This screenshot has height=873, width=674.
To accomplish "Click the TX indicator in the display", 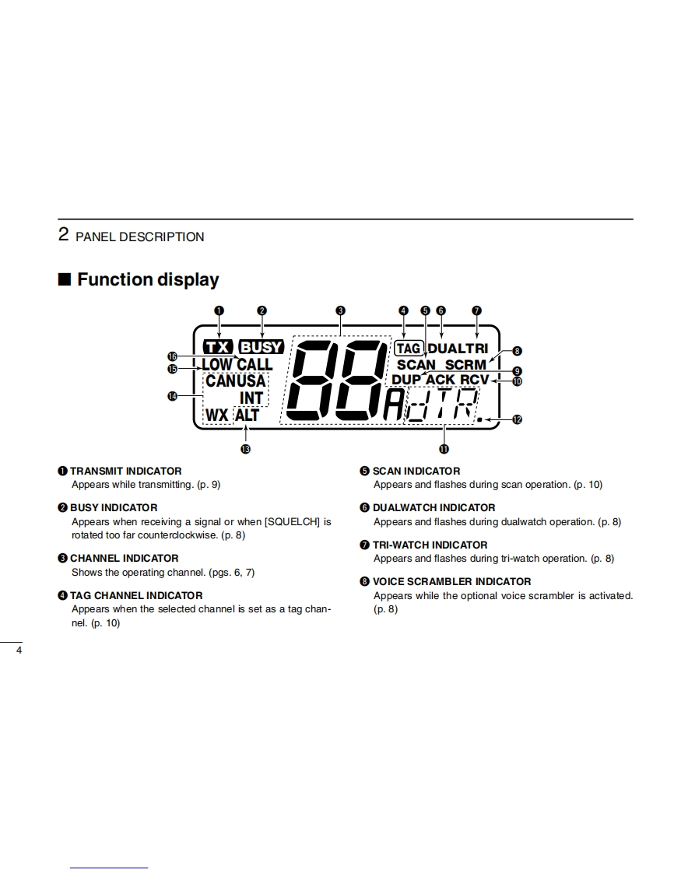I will coord(217,347).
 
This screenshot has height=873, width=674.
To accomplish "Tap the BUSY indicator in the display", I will coord(261,347).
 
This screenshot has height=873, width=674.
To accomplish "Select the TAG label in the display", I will coord(409,348).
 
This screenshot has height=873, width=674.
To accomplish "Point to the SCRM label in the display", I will coord(465,364).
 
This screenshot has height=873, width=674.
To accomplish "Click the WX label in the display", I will coord(217,415).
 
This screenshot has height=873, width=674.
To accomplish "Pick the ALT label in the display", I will coord(247,415).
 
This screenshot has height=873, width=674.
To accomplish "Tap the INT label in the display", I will coord(251,398).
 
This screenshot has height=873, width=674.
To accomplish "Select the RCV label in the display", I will coord(474,380).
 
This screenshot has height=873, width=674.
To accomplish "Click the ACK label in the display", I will coord(441,380).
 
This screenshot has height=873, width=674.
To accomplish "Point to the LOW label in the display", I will coord(217,364).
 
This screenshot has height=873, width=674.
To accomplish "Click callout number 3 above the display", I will coord(340,310).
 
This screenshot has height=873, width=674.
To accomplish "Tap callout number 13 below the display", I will coord(246,449).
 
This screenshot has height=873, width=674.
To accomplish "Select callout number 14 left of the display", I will coord(172,396).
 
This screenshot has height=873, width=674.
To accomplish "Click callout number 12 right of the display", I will coord(517,419).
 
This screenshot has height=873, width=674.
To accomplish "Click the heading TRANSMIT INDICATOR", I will coord(125,471).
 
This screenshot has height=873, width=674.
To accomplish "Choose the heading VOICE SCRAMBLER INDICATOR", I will coord(451,581).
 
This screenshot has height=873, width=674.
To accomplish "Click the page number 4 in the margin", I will coord(19,650).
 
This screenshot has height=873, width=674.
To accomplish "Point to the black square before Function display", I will coord(65,279).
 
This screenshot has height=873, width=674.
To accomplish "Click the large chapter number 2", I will coord(64,234).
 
